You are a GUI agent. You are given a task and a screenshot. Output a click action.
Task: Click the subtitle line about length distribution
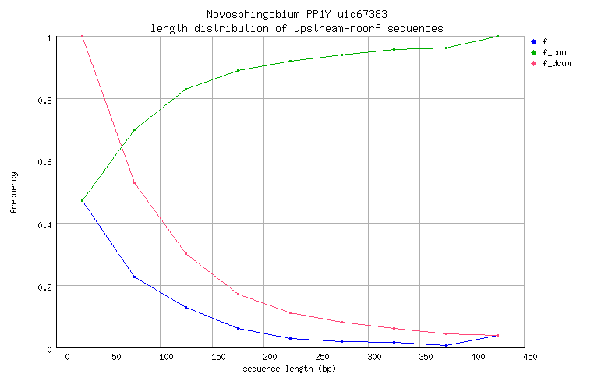click(x=297, y=28)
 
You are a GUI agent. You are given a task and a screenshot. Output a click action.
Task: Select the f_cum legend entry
click(x=553, y=52)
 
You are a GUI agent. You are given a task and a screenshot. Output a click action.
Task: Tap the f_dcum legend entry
click(x=556, y=63)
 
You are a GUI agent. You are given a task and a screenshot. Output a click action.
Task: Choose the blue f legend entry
click(x=545, y=41)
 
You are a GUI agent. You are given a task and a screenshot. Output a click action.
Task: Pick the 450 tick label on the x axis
click(x=530, y=358)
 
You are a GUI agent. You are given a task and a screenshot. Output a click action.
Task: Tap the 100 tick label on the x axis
click(x=166, y=358)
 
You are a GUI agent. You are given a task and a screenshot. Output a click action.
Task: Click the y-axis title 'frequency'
click(x=14, y=192)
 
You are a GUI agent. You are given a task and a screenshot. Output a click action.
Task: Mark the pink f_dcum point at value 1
click(x=82, y=37)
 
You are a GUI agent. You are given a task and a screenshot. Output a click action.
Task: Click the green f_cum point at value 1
click(x=497, y=37)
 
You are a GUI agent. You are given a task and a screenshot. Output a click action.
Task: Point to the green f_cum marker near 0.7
click(x=134, y=130)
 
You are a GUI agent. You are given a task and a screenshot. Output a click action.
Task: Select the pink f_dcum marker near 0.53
click(x=134, y=183)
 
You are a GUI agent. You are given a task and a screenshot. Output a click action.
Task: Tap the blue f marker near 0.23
click(x=134, y=277)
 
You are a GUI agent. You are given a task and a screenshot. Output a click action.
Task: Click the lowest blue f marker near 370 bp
click(x=446, y=345)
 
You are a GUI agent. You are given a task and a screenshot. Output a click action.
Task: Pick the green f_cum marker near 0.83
click(x=186, y=90)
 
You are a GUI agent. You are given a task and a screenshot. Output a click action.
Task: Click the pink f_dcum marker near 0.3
click(x=186, y=253)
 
